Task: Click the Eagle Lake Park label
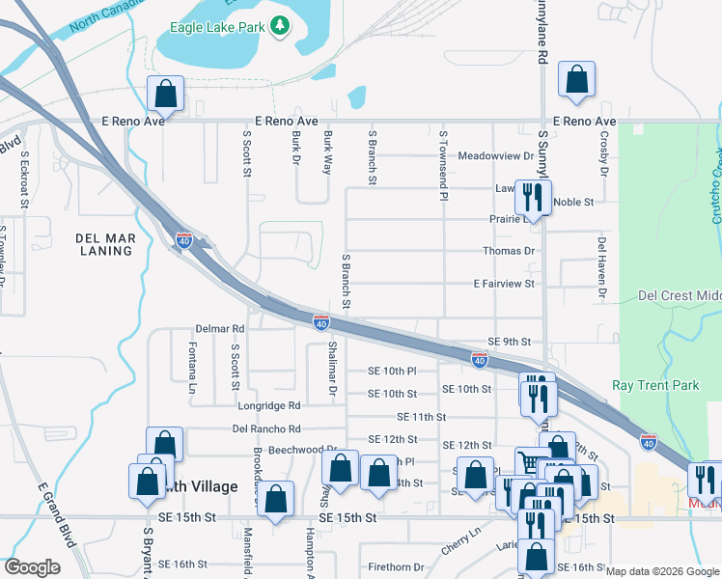216,28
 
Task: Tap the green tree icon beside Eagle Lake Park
280,26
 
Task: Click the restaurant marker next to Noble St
532,198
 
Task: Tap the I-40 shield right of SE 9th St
479,360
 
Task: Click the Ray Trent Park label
655,385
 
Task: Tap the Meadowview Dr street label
495,155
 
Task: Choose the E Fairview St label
503,284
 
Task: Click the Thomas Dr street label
509,251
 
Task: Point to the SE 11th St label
421,417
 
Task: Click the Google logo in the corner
32,567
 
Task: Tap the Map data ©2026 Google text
661,571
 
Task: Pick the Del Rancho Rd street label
266,428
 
